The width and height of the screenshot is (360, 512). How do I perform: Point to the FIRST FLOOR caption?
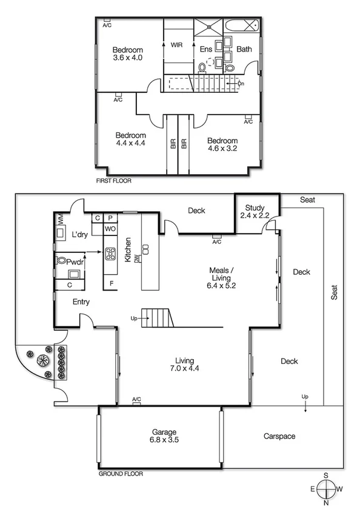point(113,181)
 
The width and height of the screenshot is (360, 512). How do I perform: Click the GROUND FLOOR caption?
point(121,473)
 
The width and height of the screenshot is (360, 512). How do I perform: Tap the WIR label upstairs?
point(177,45)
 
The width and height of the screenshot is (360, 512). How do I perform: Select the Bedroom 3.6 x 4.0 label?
point(127,53)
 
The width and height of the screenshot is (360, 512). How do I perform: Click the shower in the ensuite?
point(208,27)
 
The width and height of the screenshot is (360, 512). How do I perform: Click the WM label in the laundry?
point(60,219)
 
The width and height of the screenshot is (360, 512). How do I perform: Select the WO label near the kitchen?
point(110,229)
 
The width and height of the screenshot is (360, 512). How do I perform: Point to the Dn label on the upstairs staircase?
point(241,83)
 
